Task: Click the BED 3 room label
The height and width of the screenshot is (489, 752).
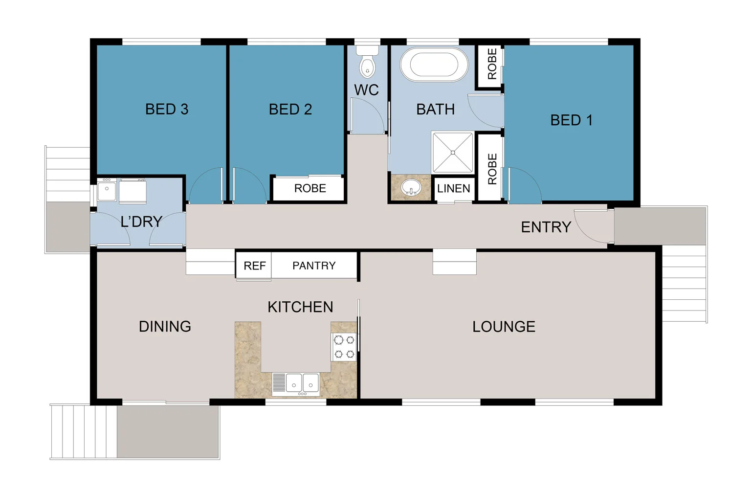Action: tap(167, 109)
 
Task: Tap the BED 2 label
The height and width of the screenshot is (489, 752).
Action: tap(290, 109)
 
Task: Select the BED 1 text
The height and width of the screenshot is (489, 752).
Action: tap(571, 120)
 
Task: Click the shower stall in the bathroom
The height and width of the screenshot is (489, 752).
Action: tap(453, 153)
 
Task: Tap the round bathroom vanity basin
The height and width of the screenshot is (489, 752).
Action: tap(411, 187)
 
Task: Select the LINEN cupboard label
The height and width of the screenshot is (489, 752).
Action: tap(454, 188)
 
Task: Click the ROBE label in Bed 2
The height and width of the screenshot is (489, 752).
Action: tap(310, 188)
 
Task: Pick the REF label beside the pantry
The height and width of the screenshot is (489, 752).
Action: tap(254, 266)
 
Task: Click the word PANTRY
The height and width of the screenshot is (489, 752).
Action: tap(314, 266)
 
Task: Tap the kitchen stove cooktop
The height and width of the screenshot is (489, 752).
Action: tap(344, 347)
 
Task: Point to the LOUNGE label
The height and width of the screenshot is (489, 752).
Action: tap(504, 327)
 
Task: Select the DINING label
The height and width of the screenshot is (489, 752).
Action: tap(165, 327)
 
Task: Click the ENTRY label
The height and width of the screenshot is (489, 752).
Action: tap(546, 227)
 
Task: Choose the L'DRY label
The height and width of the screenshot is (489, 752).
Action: tap(141, 222)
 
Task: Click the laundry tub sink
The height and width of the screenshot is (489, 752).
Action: tap(107, 190)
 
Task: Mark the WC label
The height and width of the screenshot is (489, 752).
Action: tap(366, 90)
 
